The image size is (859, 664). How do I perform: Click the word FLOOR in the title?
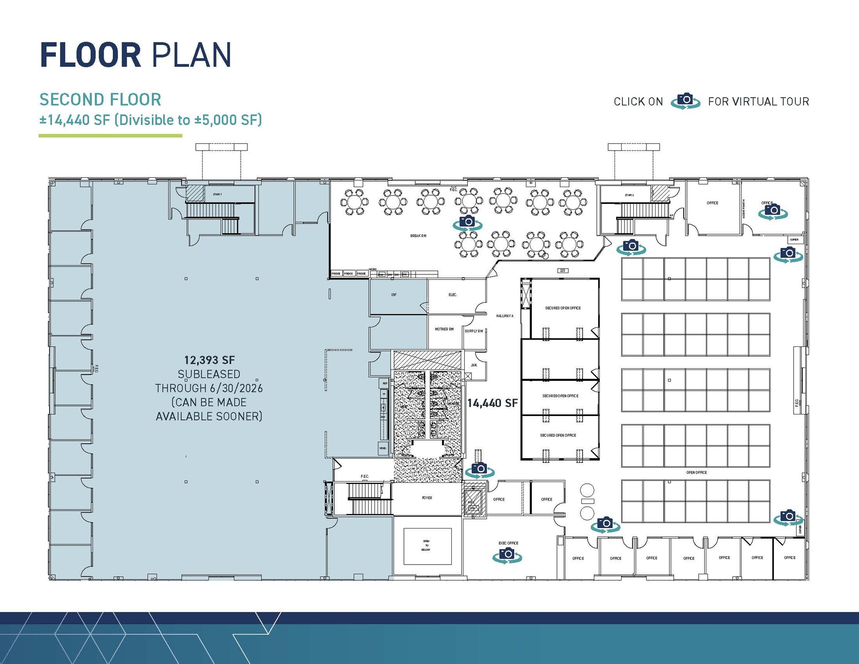click(90, 55)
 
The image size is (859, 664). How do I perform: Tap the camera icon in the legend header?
click(685, 101)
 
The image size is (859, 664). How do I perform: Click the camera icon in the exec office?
click(508, 555)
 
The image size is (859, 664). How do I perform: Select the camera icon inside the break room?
click(467, 222)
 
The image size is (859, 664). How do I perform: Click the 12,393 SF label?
click(209, 360)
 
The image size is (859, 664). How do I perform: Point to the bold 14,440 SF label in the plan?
click(492, 403)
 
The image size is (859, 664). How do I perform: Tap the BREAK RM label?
click(418, 236)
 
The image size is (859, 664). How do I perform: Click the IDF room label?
click(393, 295)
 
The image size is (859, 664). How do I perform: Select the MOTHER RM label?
click(444, 329)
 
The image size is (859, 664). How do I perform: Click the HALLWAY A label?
click(505, 316)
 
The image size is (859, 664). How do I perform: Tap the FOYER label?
click(427, 498)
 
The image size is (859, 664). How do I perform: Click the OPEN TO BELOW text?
click(426, 545)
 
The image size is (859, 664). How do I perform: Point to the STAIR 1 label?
click(217, 194)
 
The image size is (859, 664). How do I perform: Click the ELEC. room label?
click(453, 295)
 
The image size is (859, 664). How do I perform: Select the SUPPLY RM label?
click(474, 331)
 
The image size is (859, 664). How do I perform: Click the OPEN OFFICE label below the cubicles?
click(696, 472)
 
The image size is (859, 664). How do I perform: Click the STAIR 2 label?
click(629, 195)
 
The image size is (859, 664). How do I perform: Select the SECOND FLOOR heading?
click(100, 100)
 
